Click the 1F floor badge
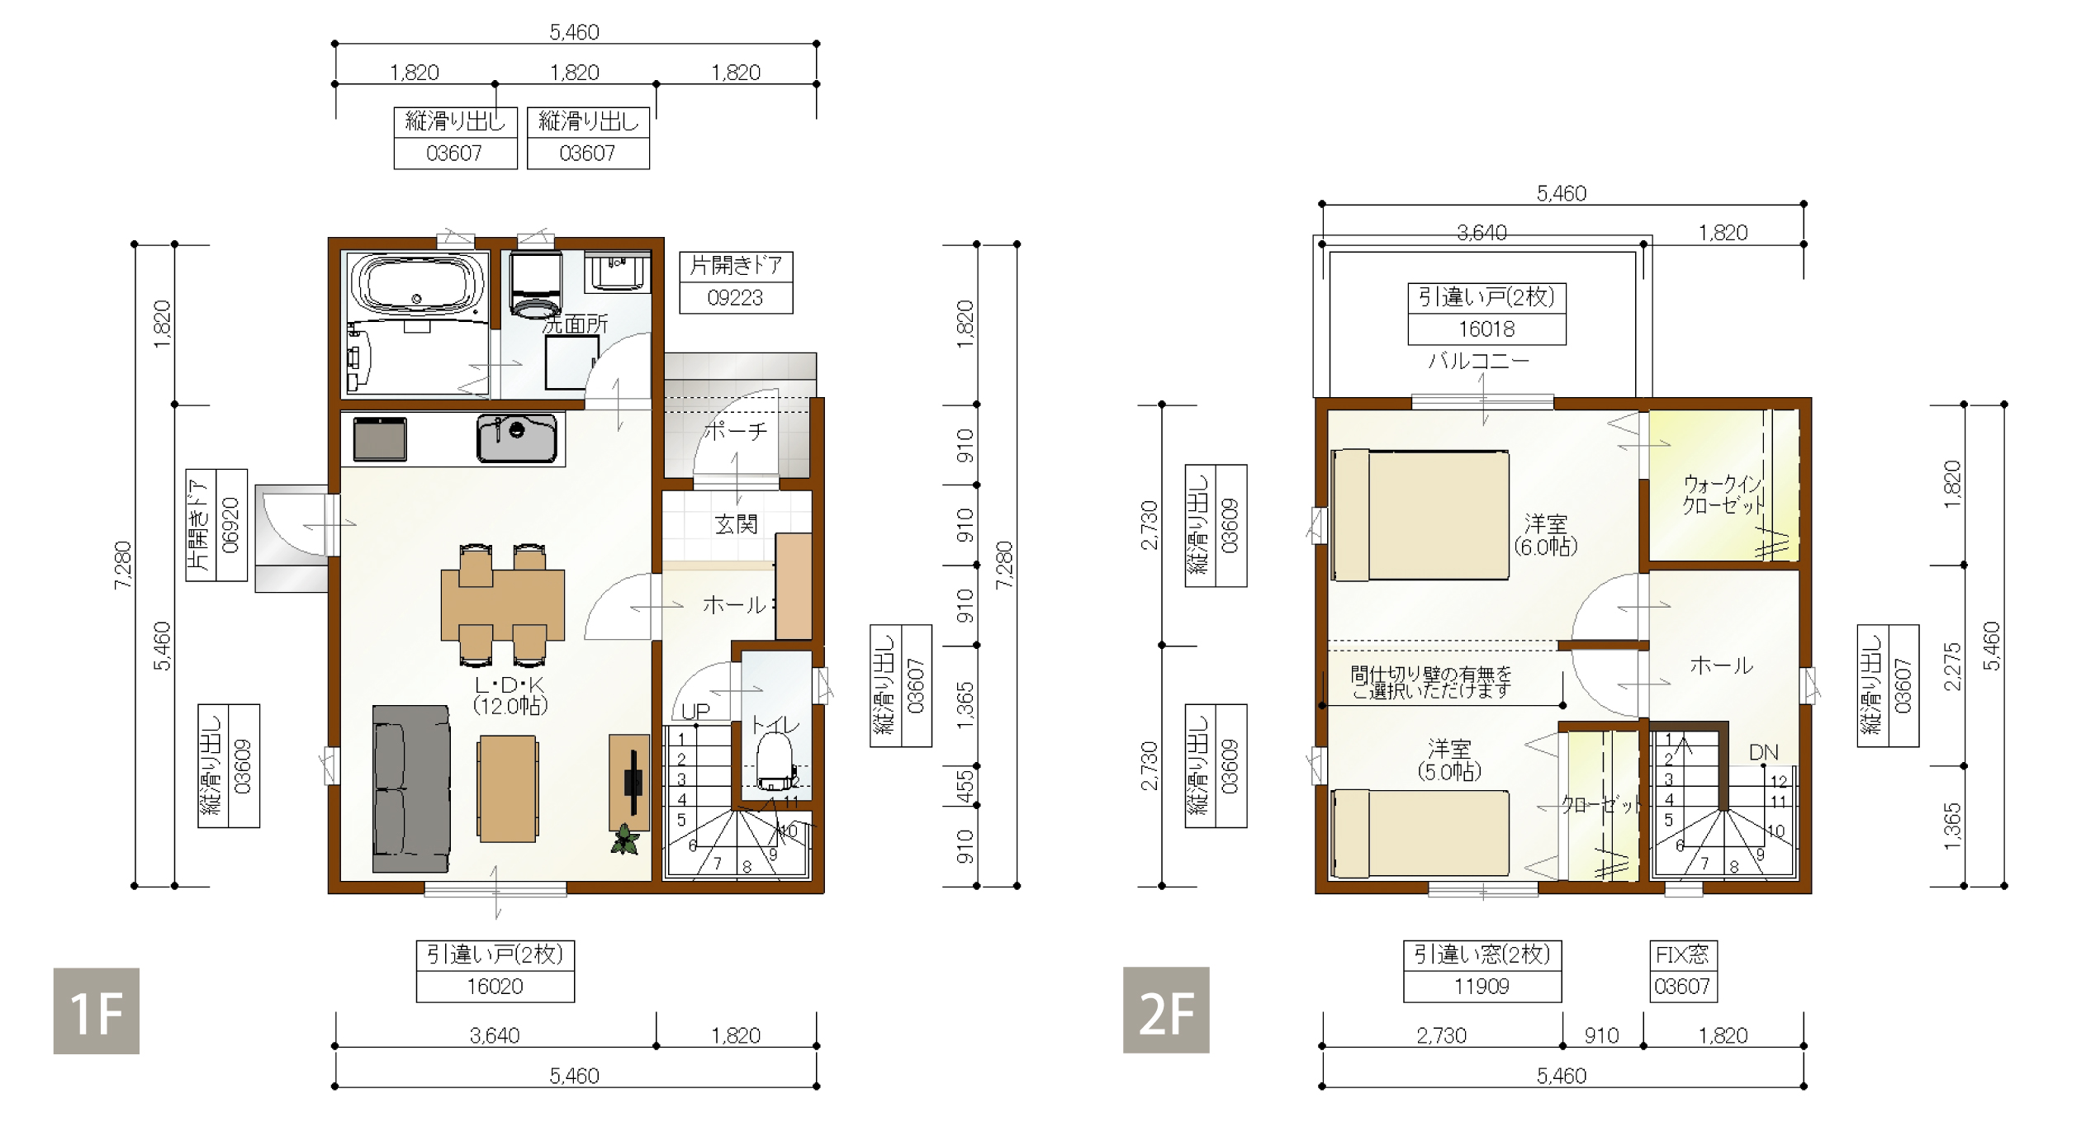(x=96, y=1011)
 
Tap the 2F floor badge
(x=1166, y=1010)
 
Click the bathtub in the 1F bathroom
(x=417, y=285)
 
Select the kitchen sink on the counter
(x=516, y=438)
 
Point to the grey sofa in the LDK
(x=411, y=788)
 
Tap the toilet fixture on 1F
(x=775, y=762)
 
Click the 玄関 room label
(x=736, y=524)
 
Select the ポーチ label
(x=736, y=430)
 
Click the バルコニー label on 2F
(x=1479, y=361)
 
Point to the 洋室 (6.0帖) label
(x=1545, y=535)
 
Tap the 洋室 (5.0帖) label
(x=1449, y=760)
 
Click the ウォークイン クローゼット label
(x=1723, y=494)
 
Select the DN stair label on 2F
(x=1763, y=752)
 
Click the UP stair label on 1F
(x=695, y=711)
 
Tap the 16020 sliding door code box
(x=495, y=987)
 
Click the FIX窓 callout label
(x=1682, y=955)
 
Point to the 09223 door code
(x=735, y=298)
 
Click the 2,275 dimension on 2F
(x=1952, y=666)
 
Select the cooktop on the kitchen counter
(x=380, y=438)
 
